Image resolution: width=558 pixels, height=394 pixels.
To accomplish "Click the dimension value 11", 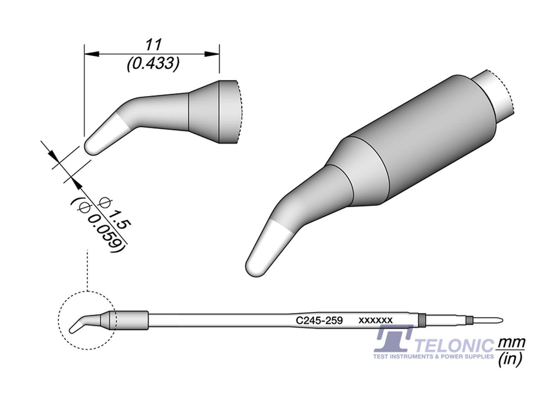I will (x=153, y=45).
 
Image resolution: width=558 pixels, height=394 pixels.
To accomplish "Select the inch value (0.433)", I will (x=153, y=64).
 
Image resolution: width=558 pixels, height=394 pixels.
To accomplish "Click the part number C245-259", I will (x=319, y=320).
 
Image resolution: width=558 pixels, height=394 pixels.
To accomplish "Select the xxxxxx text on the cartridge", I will (x=375, y=320).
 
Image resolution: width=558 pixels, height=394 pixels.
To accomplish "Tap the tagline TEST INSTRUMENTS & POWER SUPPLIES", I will (x=433, y=356).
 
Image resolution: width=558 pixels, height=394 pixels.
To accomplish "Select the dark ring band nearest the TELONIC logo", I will (x=421, y=320).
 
